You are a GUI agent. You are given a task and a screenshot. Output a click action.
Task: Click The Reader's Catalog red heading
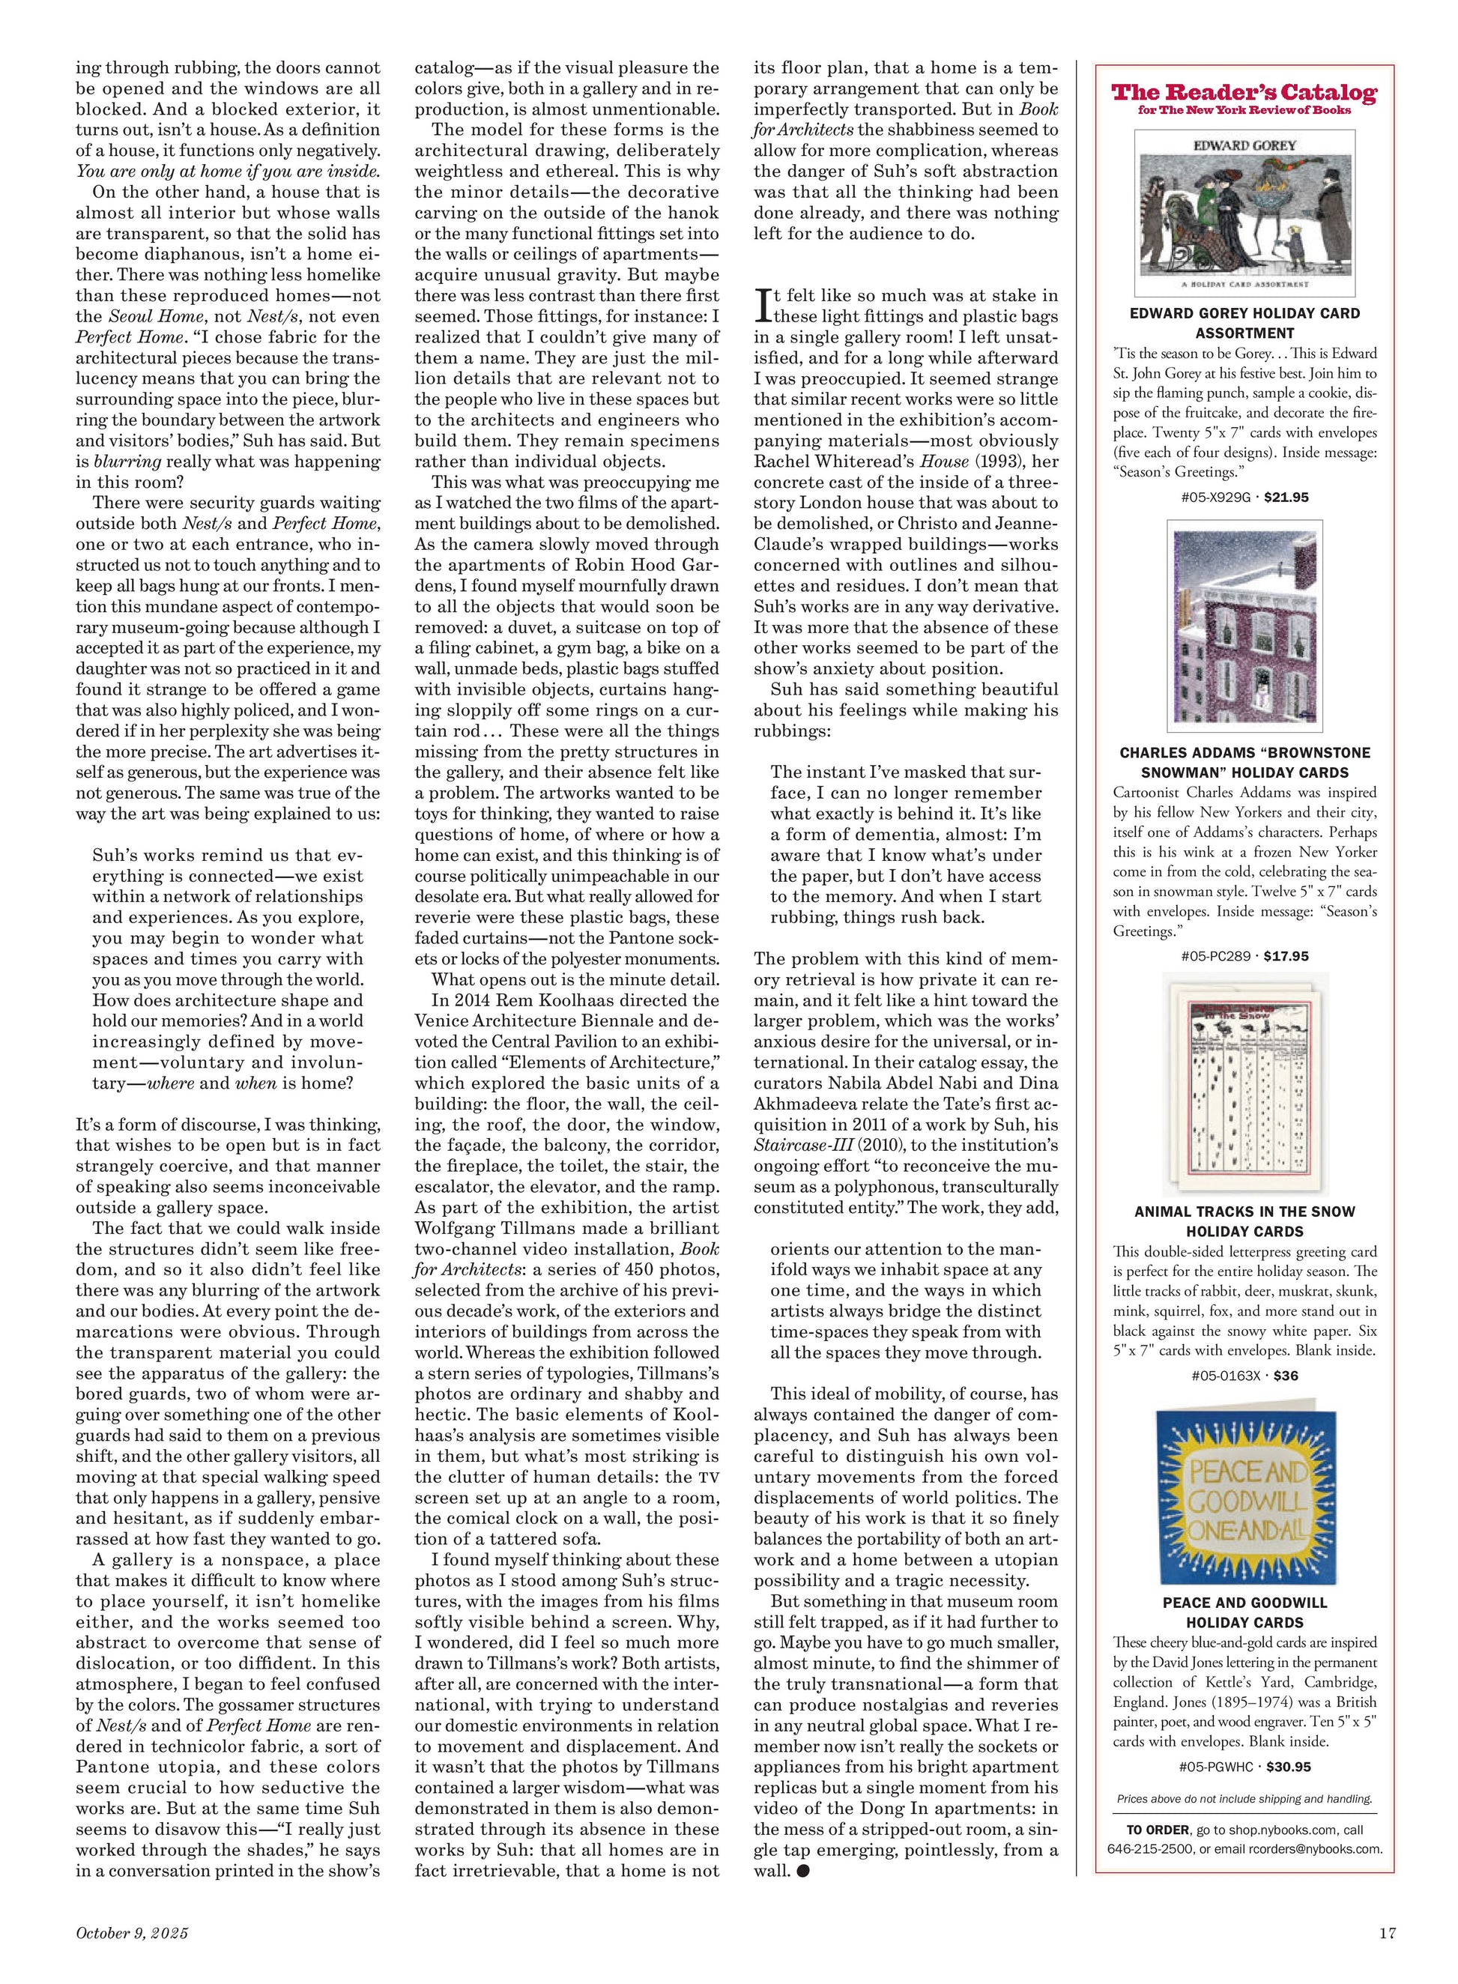pos(1244,93)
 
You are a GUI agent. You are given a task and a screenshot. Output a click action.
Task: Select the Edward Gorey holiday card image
pos(1244,212)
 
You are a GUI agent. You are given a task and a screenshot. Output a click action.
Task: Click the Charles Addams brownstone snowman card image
pos(1244,626)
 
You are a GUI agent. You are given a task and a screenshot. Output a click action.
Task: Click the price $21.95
pos(1286,497)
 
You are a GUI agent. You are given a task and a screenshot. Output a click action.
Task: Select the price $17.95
pos(1286,956)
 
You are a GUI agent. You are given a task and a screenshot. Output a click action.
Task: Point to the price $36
pos(1286,1375)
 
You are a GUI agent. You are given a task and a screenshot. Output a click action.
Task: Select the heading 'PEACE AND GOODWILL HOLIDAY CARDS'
pos(1244,1612)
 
